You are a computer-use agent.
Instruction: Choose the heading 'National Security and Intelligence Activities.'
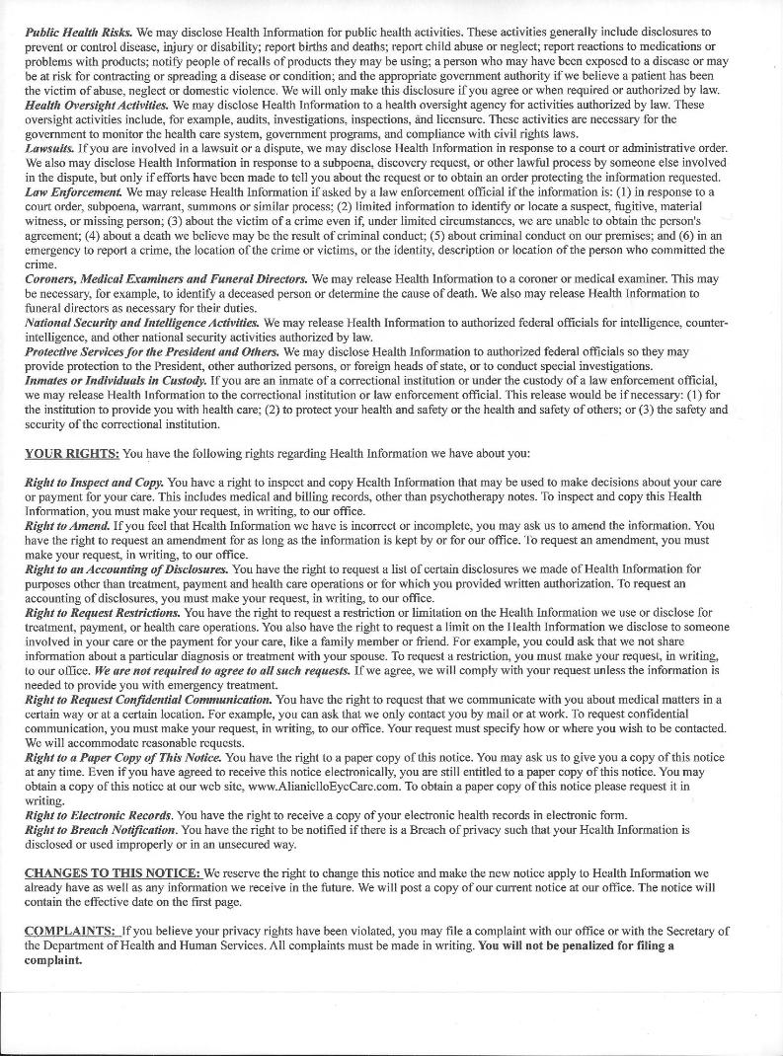(142, 323)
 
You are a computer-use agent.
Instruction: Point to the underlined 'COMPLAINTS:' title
(67, 931)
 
